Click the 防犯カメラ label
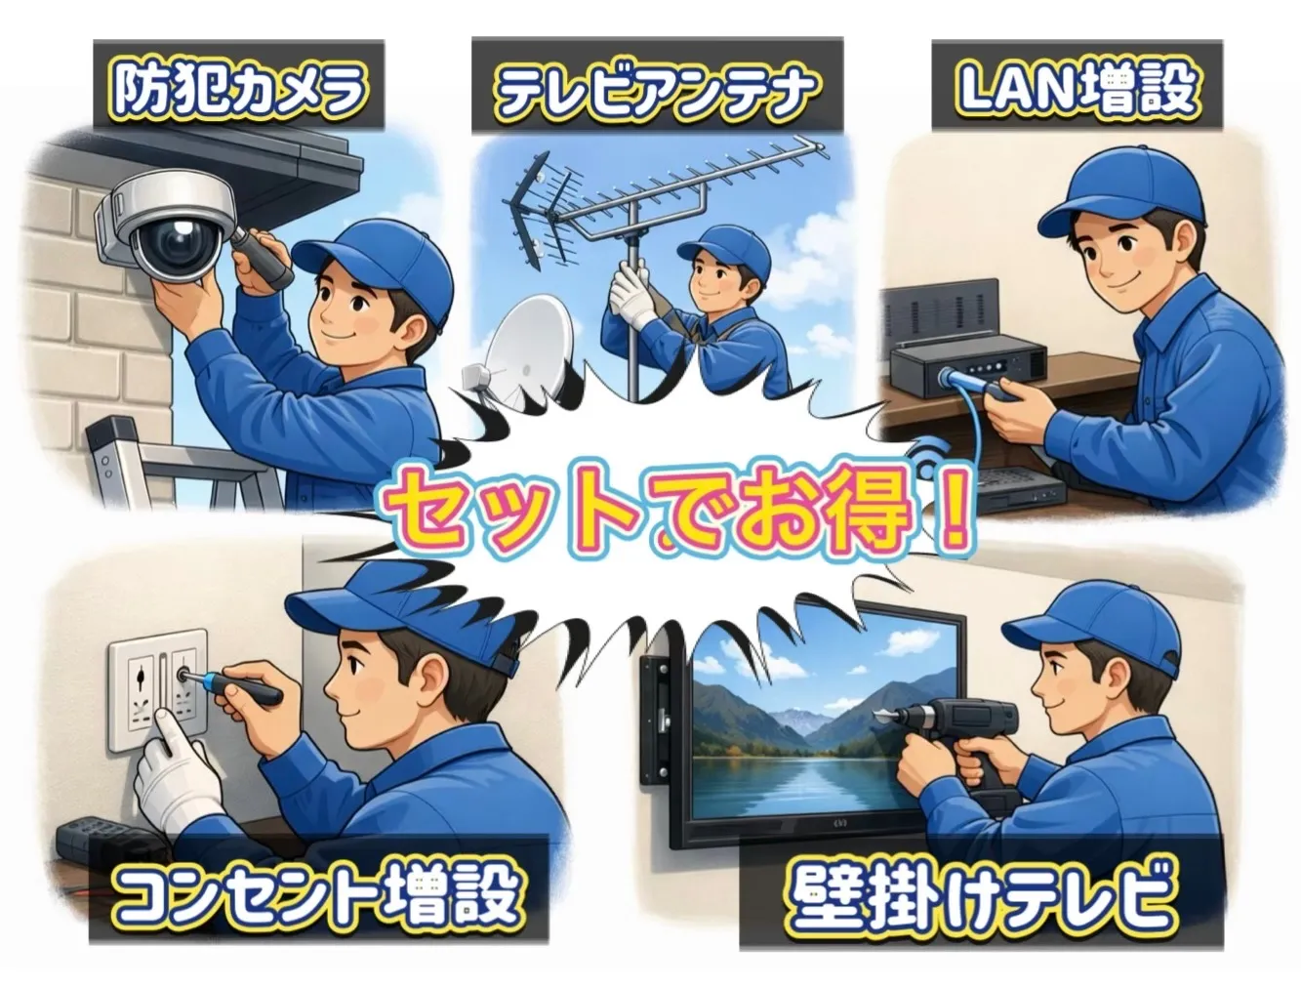(x=238, y=86)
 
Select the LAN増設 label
(x=1077, y=86)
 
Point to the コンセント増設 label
(x=317, y=893)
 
